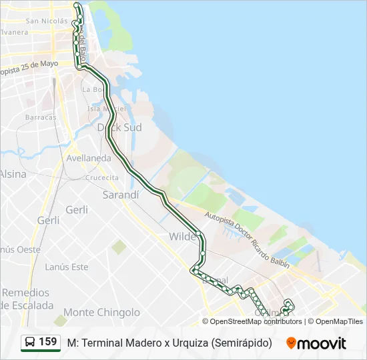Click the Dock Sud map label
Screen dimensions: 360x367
[x=119, y=127]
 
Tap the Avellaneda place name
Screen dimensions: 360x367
[x=89, y=159]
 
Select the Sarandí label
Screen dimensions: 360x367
[x=121, y=195]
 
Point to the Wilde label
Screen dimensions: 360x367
[x=182, y=237]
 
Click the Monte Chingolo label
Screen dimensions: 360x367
[x=101, y=312]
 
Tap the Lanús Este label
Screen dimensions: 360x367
[x=66, y=267]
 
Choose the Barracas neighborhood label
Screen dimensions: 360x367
[x=41, y=117]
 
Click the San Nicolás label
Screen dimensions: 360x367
[x=47, y=21]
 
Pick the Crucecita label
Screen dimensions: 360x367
[x=101, y=177]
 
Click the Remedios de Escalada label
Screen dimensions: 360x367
[x=27, y=299]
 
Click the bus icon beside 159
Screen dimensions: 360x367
[x=30, y=343]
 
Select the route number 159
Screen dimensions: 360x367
[x=48, y=342]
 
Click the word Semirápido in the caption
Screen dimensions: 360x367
[x=242, y=343]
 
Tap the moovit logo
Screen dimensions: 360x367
[x=316, y=343]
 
